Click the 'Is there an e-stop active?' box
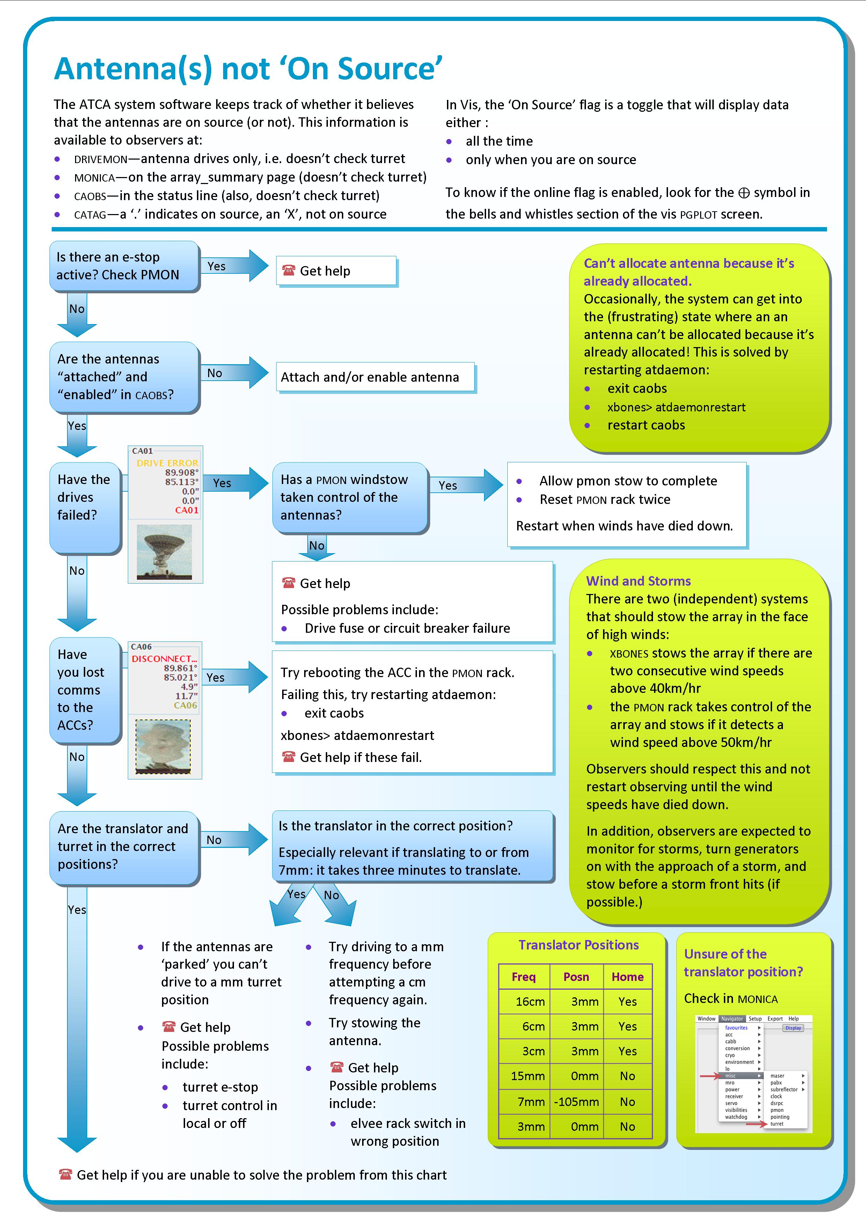(124, 266)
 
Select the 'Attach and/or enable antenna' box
(375, 377)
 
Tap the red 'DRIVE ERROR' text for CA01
(167, 463)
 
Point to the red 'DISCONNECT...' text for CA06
(164, 658)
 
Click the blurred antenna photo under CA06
(163, 746)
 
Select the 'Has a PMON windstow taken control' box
(350, 497)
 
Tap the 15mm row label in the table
(527, 1076)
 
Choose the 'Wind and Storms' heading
(638, 581)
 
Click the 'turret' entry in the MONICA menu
(777, 1124)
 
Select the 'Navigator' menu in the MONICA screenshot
(732, 1019)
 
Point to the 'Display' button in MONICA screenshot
(793, 1028)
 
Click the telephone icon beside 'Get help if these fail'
(288, 757)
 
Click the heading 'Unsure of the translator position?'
(743, 962)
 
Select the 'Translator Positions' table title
(578, 945)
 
